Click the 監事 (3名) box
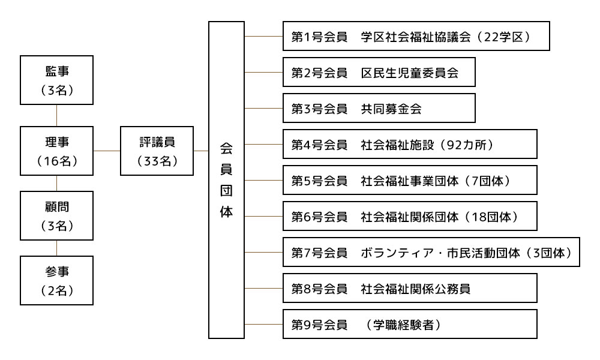coord(56,80)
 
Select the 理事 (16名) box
coord(56,151)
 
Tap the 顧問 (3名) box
coord(56,215)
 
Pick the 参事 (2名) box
coord(56,280)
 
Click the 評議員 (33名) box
coord(157,151)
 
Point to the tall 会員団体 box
coord(226,180)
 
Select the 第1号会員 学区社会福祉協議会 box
coord(416,37)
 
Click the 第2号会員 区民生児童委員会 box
coord(379,73)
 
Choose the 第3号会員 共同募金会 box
coord(379,108)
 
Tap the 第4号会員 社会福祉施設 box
coord(410,144)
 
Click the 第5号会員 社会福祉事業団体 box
coord(410,180)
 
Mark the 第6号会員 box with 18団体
coord(410,216)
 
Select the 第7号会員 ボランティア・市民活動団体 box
coord(431,252)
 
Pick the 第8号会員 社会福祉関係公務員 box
coord(410,288)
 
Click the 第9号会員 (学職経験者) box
coord(410,324)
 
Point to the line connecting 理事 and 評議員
coord(107,151)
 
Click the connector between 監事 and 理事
coord(56,115)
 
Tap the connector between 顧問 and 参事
coord(56,248)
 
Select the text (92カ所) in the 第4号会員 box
coord(467,145)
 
